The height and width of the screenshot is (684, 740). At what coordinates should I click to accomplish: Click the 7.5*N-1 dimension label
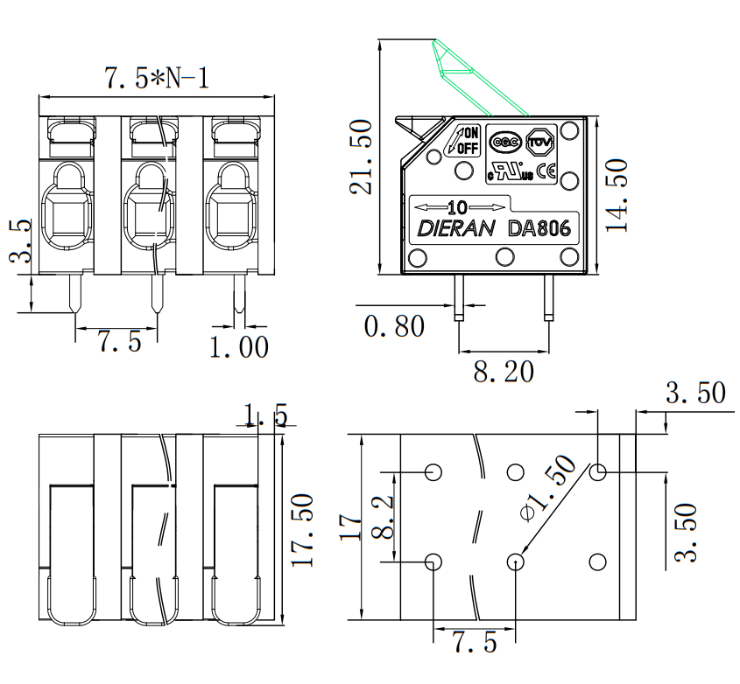(157, 78)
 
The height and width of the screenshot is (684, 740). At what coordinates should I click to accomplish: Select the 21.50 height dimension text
(361, 157)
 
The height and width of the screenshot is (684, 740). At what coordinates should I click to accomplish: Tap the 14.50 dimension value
(617, 195)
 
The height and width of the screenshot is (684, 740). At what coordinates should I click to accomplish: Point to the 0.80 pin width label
(394, 325)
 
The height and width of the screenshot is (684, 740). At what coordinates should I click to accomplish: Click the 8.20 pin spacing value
(504, 371)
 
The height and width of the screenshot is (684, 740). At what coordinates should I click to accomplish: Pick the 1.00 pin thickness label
(239, 347)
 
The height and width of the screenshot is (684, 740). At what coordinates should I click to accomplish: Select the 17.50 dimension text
(301, 530)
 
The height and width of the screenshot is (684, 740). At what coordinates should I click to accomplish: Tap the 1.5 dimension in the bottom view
(264, 415)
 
